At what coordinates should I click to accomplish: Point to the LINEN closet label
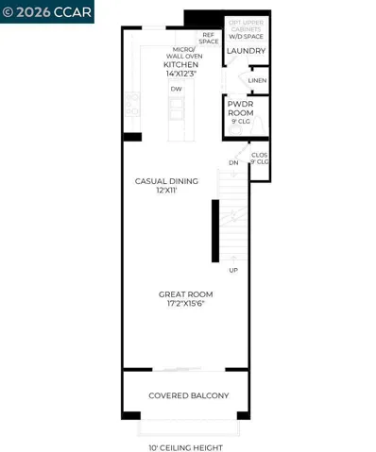coord(257,81)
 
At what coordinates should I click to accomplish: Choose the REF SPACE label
coord(209,38)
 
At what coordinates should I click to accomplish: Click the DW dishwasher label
coord(176,89)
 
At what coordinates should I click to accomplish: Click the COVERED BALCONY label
coord(188,395)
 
